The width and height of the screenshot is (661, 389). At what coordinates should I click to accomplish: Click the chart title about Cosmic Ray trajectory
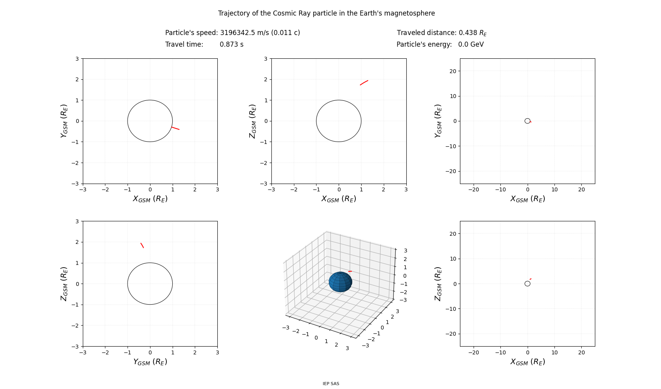point(326,13)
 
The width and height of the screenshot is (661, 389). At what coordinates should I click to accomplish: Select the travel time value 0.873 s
point(231,44)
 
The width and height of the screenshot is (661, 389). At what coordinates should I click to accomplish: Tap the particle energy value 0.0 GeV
point(471,44)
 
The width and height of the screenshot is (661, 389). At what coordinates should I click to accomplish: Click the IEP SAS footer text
point(331,384)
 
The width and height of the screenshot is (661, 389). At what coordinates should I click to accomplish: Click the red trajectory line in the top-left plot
point(175,128)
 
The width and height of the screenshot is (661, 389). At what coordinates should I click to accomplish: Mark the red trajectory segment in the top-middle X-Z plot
point(364,82)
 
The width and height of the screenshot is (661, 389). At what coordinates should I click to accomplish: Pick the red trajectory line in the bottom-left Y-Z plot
point(142,245)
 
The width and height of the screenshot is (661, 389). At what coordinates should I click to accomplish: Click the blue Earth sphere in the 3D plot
point(340,282)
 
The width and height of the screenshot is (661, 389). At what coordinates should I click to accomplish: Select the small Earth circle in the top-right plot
point(527,121)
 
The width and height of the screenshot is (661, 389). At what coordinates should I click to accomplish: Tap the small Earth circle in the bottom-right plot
point(527,284)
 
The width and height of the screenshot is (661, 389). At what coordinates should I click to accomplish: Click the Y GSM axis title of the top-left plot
point(64,121)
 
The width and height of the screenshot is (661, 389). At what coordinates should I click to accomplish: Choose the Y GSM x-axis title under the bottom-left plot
point(150,362)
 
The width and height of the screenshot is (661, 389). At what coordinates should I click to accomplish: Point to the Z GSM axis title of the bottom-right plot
point(438,284)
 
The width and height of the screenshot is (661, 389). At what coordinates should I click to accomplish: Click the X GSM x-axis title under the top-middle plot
point(339,199)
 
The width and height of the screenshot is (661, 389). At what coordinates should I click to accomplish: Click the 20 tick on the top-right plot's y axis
point(452,71)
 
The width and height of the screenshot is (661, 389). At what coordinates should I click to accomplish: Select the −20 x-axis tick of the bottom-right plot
point(474,352)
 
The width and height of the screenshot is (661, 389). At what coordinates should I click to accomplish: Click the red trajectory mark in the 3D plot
point(350,271)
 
